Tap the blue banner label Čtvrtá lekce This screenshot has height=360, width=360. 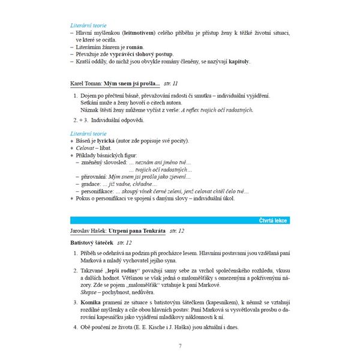(272, 220)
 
